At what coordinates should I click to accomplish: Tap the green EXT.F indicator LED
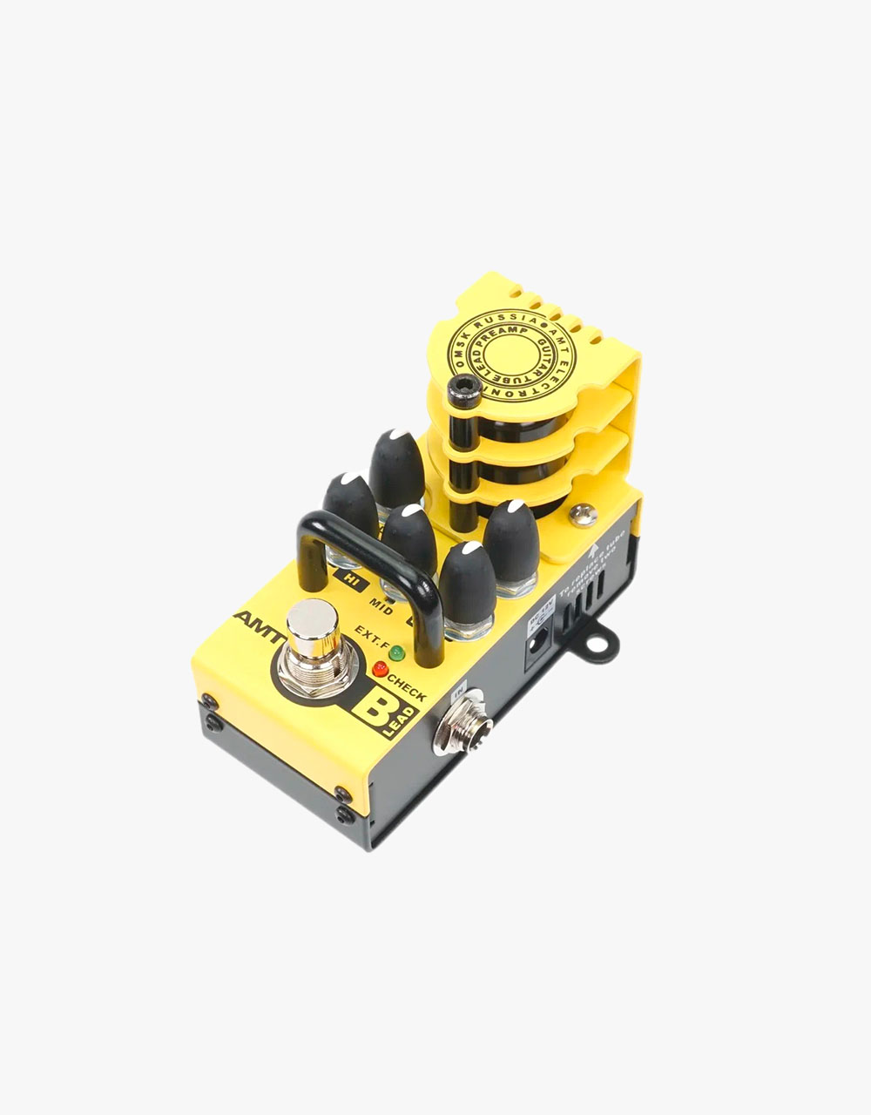[x=397, y=652]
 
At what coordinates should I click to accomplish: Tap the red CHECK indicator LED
[x=380, y=670]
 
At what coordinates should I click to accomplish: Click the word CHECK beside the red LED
[x=408, y=688]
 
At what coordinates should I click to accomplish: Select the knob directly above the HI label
[x=350, y=510]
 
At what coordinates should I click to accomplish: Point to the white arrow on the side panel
[x=594, y=551]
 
